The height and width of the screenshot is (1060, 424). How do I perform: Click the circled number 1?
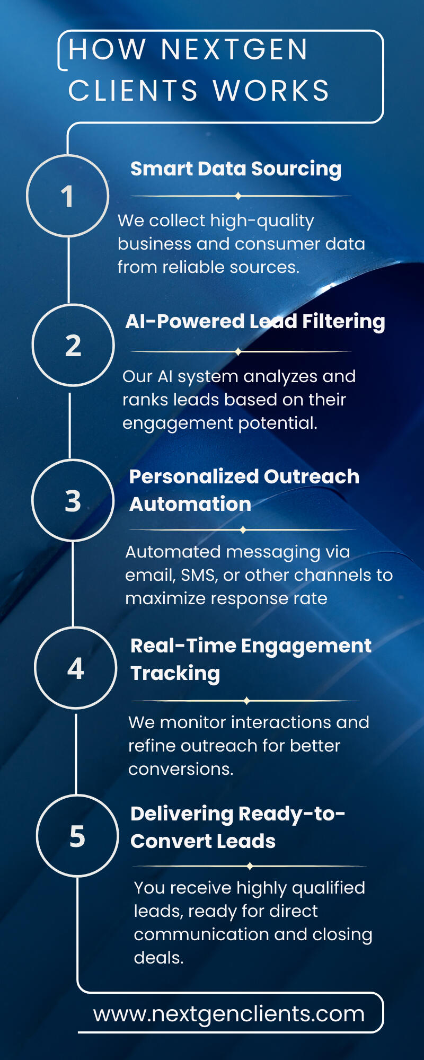67,196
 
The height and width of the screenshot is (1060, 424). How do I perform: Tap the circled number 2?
73,345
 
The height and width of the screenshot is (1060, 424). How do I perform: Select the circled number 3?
73,500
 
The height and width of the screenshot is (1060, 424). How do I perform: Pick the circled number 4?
76,668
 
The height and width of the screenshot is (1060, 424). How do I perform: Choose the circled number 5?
77,836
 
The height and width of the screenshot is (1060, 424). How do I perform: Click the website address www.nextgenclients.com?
229,1014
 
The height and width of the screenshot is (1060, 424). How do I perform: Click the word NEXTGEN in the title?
234,49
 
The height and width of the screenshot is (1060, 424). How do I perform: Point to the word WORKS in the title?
271,91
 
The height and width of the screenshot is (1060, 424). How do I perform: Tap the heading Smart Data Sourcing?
236,169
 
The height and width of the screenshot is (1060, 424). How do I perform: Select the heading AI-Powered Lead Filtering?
255,322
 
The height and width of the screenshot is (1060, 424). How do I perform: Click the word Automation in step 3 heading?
190,504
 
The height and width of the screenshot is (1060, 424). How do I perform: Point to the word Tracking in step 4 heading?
175,674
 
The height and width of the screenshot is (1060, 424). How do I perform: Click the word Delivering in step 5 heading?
182,814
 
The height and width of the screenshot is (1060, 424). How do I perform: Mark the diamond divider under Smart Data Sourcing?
238,196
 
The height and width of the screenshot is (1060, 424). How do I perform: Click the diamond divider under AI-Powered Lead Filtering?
238,351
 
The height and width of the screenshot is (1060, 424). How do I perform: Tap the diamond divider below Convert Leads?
250,866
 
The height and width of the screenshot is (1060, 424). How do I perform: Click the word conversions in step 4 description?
181,769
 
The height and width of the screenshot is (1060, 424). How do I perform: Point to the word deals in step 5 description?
158,958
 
